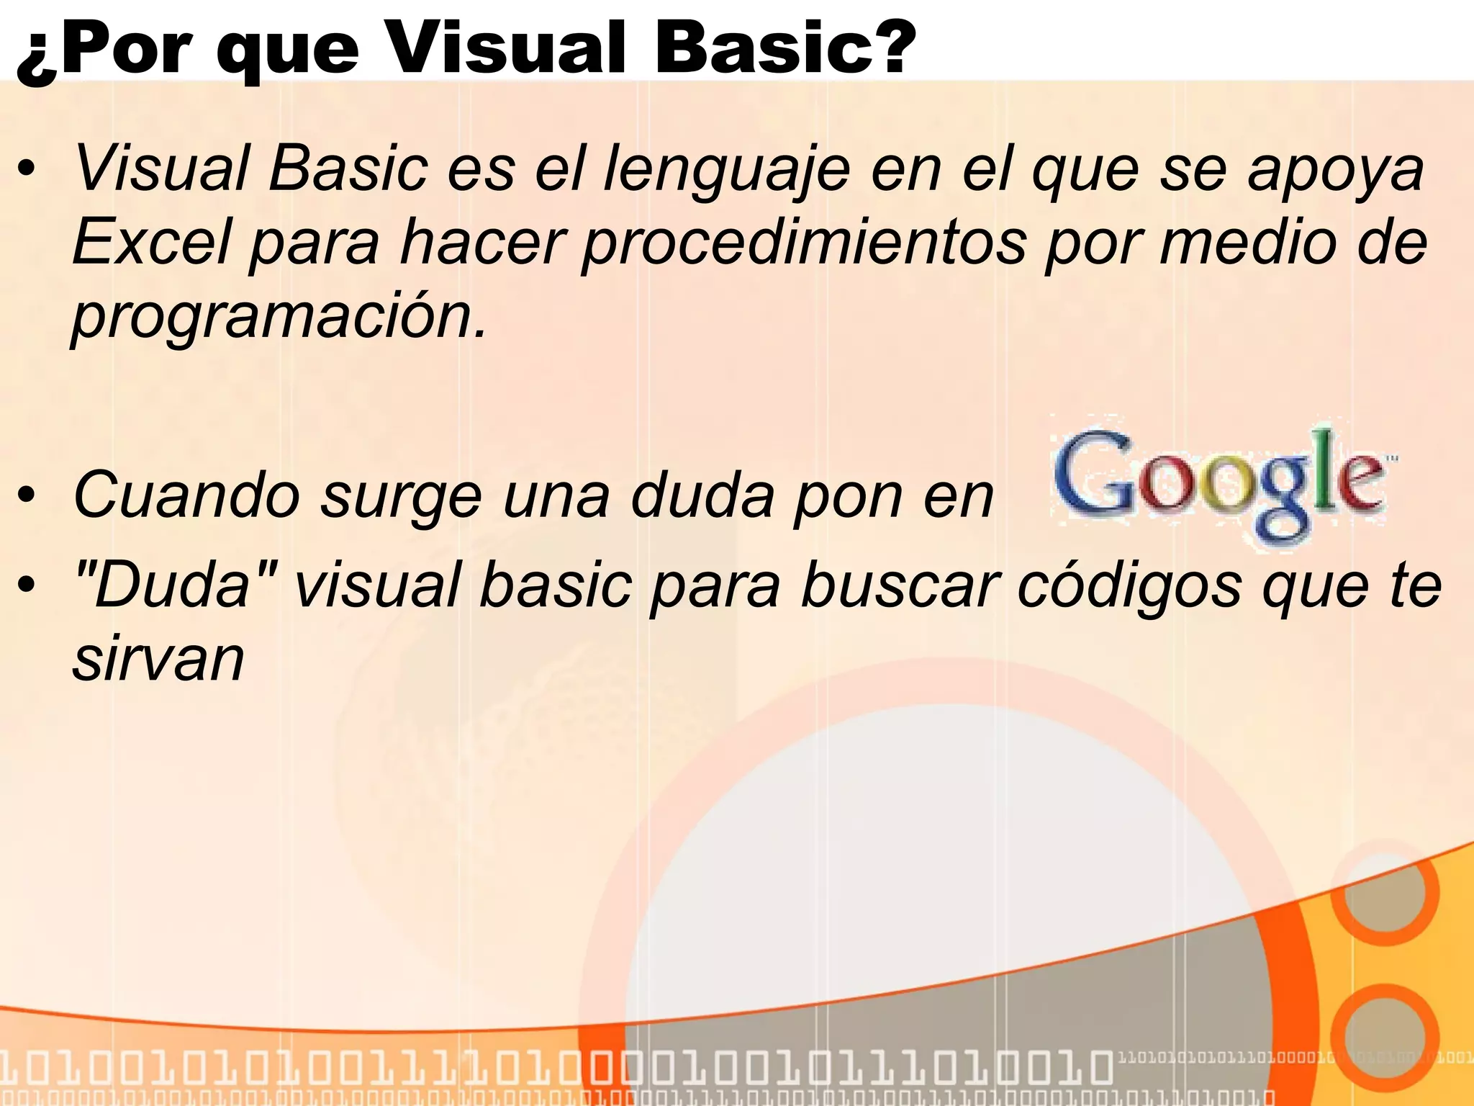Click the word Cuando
click(x=187, y=495)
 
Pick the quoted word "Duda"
click(x=176, y=584)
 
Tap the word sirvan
click(x=158, y=659)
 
